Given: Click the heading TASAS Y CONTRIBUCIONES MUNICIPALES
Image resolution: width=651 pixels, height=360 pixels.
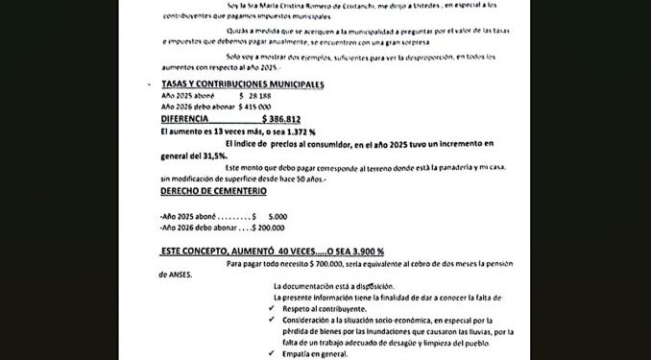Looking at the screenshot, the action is (242, 84).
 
